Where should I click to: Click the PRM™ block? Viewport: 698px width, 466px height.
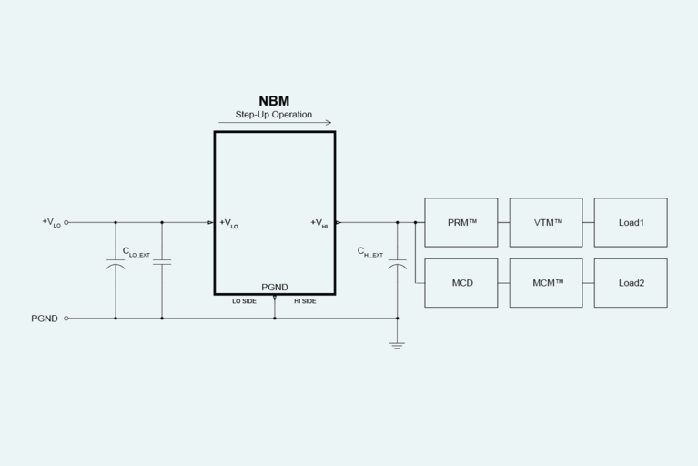460,222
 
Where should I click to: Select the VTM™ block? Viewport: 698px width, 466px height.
545,222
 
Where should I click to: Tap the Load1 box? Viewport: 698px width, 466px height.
630,222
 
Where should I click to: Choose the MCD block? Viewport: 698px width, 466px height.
460,283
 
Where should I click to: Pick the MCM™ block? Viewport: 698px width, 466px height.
545,283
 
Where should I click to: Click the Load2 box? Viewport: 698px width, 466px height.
630,283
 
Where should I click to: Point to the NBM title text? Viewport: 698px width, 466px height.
274,101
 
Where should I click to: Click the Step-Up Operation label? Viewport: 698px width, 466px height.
274,115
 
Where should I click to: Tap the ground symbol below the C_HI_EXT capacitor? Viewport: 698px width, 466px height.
397,344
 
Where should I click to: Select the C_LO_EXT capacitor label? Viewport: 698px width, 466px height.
136,252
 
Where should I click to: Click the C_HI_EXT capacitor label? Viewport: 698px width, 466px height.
369,252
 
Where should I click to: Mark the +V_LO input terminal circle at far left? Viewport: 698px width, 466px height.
66,222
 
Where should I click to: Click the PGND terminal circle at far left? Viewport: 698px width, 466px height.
66,319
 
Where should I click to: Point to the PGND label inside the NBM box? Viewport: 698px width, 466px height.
274,288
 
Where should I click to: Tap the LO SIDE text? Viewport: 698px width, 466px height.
244,301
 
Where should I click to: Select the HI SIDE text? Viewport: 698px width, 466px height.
305,301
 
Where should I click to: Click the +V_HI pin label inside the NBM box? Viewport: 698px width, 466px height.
319,223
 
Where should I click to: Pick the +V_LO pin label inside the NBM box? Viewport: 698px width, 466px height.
229,223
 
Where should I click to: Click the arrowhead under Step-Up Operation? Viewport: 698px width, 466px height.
329,123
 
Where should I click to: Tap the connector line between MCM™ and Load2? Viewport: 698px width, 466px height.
588,283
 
